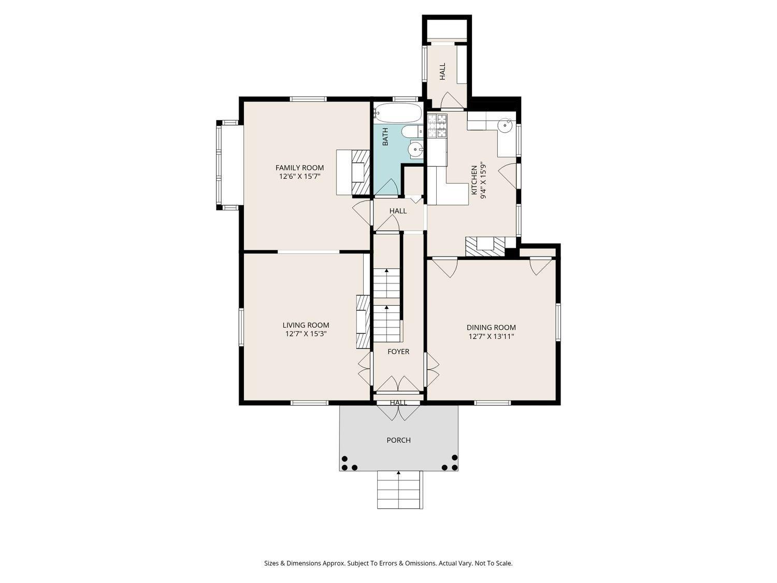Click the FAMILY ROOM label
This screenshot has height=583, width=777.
coord(299,168)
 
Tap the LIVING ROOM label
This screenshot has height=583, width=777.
coord(306,325)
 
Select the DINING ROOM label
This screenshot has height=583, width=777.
coord(491,328)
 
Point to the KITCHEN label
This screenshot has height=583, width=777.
coord(474,180)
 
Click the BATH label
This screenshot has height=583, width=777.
coord(385,136)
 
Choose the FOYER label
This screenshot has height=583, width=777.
coord(398,351)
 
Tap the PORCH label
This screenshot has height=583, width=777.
coord(398,440)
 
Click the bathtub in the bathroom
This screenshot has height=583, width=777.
coord(397,112)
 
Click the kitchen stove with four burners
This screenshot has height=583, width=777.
coord(437,125)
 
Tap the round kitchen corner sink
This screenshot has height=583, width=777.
coord(505,125)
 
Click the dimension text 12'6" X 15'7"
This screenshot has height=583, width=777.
coord(299,176)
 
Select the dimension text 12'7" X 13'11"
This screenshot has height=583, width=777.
coord(491,336)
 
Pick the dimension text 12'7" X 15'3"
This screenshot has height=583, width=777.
coord(306,334)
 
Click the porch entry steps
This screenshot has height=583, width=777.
coord(400,490)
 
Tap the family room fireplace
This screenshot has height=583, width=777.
coord(361,172)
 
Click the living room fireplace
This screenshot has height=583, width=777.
coord(363,322)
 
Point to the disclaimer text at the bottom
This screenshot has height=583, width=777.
coord(388,563)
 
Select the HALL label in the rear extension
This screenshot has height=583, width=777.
coord(442,72)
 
